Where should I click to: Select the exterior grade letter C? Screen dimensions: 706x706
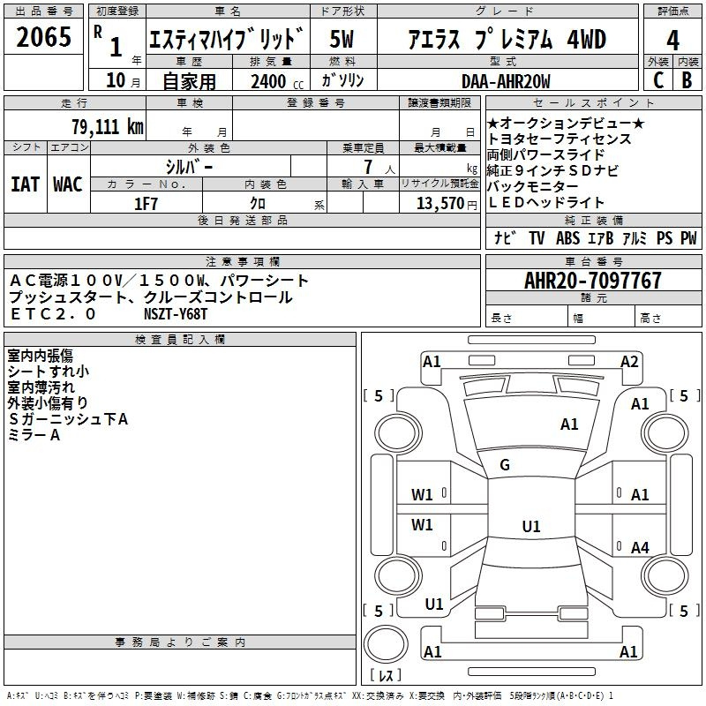click(657, 80)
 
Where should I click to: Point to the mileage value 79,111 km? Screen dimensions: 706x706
click(107, 126)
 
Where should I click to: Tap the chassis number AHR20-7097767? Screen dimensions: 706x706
click(592, 281)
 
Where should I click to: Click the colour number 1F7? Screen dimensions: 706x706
click(146, 204)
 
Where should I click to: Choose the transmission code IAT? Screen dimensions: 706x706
click(25, 184)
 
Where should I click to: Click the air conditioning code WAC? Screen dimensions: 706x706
click(67, 184)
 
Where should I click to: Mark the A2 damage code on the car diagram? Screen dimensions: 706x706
click(629, 361)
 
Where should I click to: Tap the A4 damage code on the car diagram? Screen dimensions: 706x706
click(640, 548)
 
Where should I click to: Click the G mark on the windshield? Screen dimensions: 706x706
click(505, 465)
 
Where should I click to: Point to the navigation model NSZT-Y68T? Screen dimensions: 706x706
click(177, 313)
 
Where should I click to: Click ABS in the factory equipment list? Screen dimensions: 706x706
click(567, 238)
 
